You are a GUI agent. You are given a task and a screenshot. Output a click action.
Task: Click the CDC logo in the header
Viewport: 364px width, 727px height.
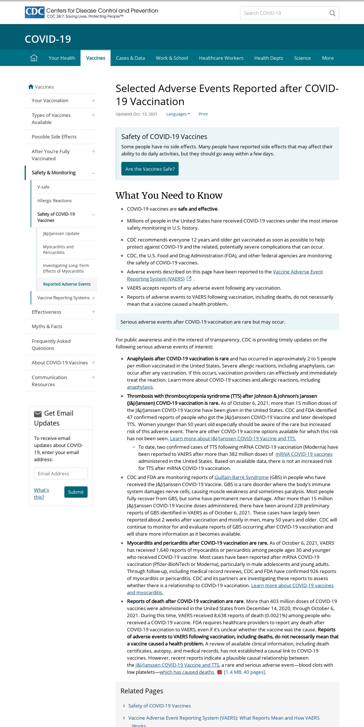tap(35, 12)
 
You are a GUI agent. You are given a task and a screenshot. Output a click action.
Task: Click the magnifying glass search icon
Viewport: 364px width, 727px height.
tap(332, 13)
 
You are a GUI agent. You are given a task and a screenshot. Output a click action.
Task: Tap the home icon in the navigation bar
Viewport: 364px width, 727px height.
tap(34, 58)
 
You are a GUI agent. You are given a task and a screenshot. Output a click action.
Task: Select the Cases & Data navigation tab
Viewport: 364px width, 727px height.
tap(130, 58)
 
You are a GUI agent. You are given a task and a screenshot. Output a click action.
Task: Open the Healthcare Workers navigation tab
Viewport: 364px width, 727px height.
tap(221, 58)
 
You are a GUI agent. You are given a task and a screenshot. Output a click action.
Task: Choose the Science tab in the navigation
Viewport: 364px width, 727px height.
tap(302, 58)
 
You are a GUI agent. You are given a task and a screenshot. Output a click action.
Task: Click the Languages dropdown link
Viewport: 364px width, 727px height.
tap(178, 114)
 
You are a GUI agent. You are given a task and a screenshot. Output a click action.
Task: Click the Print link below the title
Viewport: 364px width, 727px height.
tap(203, 114)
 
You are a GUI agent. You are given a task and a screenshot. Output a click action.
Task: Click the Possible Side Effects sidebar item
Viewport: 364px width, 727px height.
tap(54, 137)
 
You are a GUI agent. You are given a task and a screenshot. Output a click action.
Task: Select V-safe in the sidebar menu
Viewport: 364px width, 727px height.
tap(43, 187)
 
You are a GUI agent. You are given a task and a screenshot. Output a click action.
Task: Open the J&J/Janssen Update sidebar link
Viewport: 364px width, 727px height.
tap(61, 234)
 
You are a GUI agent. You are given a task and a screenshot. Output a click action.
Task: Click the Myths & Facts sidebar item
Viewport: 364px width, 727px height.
tap(47, 326)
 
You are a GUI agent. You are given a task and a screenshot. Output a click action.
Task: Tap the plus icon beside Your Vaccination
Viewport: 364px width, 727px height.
tap(94, 101)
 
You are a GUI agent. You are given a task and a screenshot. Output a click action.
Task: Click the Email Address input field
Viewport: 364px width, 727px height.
tap(61, 474)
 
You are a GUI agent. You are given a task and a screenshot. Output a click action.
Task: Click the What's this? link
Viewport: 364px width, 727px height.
tap(41, 493)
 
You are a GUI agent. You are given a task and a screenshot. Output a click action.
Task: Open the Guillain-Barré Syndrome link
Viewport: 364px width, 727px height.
tap(241, 477)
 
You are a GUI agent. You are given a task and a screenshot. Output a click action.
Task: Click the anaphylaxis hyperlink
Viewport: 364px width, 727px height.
tap(140, 387)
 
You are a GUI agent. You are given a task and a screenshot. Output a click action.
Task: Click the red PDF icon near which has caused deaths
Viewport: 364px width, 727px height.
tap(219, 672)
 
